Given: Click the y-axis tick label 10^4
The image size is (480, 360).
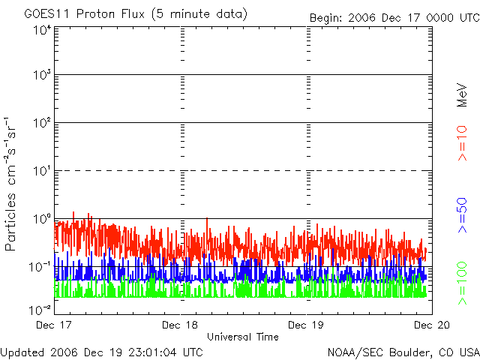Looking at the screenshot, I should click(x=41, y=30).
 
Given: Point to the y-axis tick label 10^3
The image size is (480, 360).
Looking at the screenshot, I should click(x=41, y=76).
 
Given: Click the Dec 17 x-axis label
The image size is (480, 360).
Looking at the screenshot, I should click(x=55, y=325).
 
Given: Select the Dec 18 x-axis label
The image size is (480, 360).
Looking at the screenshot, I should click(x=179, y=325).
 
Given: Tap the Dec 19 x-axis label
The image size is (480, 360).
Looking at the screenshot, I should click(x=307, y=325).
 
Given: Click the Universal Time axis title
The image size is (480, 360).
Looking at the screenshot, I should click(x=242, y=337).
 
